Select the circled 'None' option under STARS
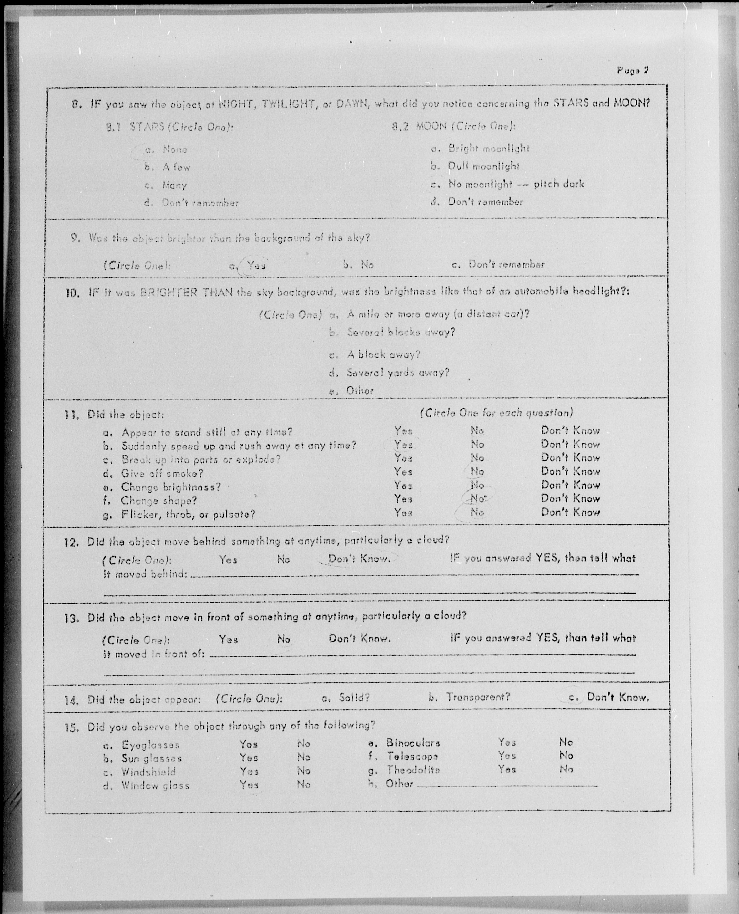[175, 150]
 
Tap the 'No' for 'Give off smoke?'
[477, 472]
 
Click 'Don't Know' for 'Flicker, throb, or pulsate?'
[570, 512]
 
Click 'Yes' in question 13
[228, 639]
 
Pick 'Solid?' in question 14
[354, 698]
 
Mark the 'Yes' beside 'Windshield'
[249, 771]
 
